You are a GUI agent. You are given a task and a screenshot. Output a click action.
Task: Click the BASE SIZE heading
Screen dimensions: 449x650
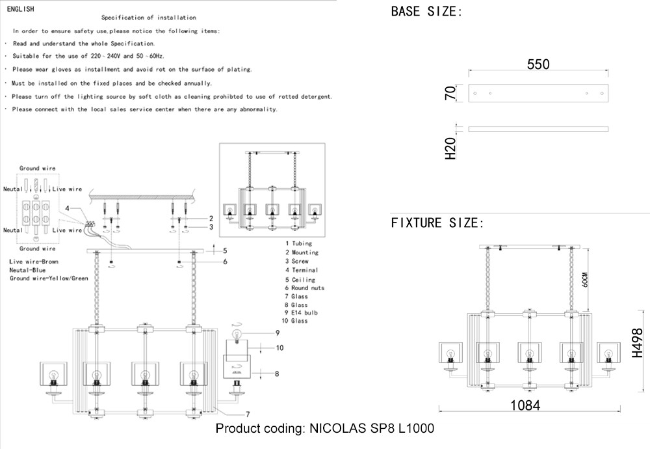(x=426, y=12)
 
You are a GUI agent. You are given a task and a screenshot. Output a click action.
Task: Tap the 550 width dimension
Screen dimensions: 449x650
(x=538, y=64)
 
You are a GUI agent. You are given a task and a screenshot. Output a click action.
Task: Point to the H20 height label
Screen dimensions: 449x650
(x=450, y=149)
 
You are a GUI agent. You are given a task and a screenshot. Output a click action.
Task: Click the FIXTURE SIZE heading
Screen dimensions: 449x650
(x=437, y=223)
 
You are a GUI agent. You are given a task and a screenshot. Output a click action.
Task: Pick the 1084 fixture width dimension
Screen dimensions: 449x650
(x=525, y=405)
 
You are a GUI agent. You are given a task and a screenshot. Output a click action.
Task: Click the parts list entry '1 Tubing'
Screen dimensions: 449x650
(x=298, y=243)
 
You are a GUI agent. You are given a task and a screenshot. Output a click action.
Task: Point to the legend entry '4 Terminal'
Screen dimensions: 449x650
(x=301, y=270)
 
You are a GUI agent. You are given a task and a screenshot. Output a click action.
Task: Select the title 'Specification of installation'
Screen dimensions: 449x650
(x=149, y=18)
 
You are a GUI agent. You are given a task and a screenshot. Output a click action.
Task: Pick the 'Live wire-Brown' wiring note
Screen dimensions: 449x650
(x=34, y=261)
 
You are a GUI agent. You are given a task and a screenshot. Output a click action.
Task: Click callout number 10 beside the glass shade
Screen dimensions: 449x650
(x=279, y=348)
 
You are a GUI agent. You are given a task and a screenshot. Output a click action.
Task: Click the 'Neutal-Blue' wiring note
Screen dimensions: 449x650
(x=27, y=269)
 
